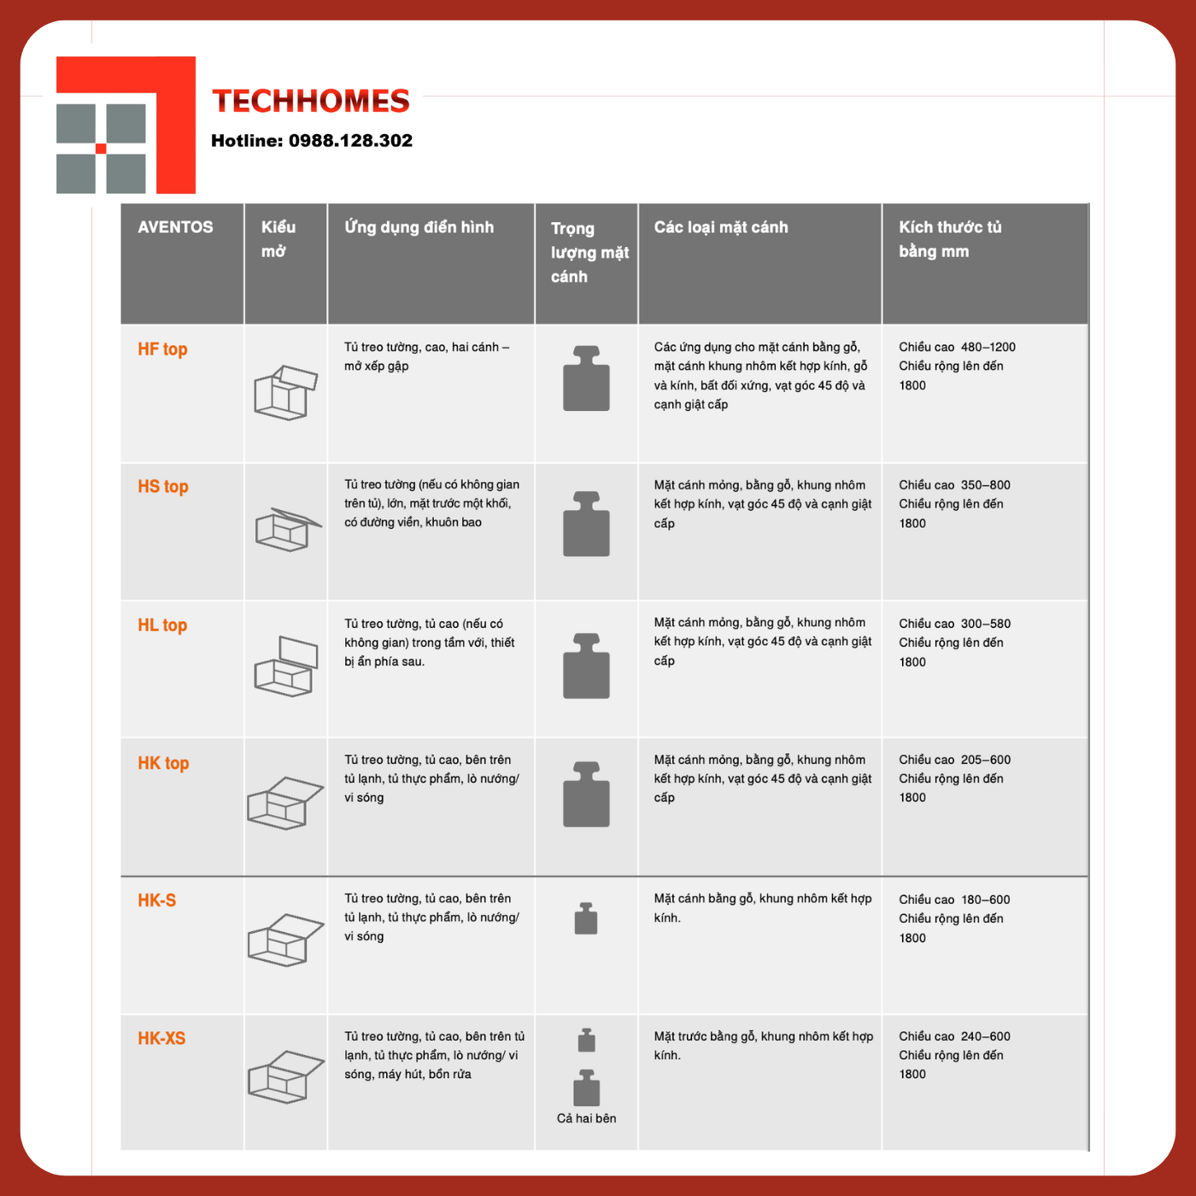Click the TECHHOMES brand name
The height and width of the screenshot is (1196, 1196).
coord(311,101)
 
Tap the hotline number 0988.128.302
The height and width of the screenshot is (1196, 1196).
coord(350,140)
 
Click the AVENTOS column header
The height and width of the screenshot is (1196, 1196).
coord(175,227)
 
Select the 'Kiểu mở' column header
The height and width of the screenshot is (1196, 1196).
coord(278,239)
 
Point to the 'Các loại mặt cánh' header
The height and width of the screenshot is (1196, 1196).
coord(720,227)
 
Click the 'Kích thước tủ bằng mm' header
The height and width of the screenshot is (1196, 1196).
coord(950,239)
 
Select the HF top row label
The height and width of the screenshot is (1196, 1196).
coord(162,349)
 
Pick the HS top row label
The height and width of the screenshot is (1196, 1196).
coord(163,487)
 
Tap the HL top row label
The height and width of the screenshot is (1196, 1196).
coord(162,625)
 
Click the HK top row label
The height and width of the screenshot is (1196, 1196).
coord(163,763)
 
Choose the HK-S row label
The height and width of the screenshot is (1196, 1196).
coord(157,900)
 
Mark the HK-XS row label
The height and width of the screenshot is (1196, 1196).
coord(161,1038)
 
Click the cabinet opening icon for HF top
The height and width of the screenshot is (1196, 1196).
coord(285,392)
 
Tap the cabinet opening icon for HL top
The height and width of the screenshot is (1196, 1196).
coord(285,666)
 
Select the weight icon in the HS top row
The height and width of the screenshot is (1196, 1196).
coord(586,524)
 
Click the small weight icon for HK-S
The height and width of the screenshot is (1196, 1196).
coord(586,918)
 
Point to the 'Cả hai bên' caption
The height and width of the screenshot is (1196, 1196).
coord(586,1118)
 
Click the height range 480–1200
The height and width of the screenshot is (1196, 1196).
coord(988,347)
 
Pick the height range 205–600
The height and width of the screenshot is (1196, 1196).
coord(986,759)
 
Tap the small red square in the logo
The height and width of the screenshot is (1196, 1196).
coord(101,149)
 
